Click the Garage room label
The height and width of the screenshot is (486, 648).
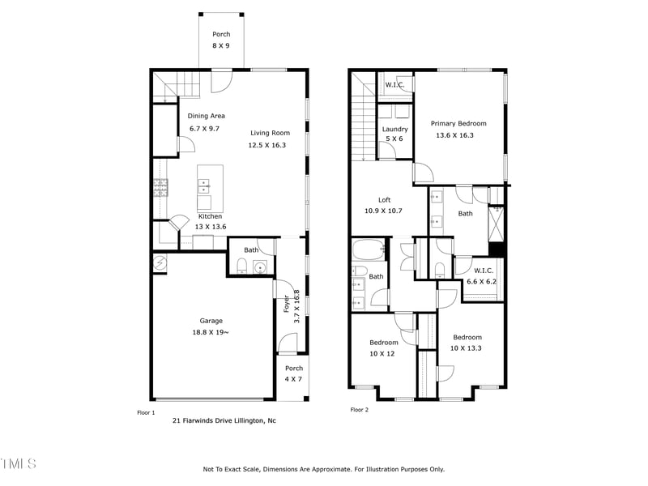211,321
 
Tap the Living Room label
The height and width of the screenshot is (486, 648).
270,133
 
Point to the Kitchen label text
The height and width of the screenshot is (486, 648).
211,216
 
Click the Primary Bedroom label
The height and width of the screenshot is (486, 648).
458,123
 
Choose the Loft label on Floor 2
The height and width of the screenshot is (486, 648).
385,200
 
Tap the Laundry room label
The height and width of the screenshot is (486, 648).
394,129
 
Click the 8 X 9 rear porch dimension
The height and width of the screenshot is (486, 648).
221,46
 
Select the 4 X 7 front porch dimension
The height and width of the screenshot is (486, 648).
292,379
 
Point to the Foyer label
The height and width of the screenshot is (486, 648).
287,303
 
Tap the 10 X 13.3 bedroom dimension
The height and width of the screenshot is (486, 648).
467,348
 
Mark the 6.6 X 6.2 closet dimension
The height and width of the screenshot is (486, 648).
482,282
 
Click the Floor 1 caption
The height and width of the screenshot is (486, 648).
146,412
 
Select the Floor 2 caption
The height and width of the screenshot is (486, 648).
359,410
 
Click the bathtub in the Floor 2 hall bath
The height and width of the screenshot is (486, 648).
369,250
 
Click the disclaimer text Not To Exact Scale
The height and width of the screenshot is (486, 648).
323,469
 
